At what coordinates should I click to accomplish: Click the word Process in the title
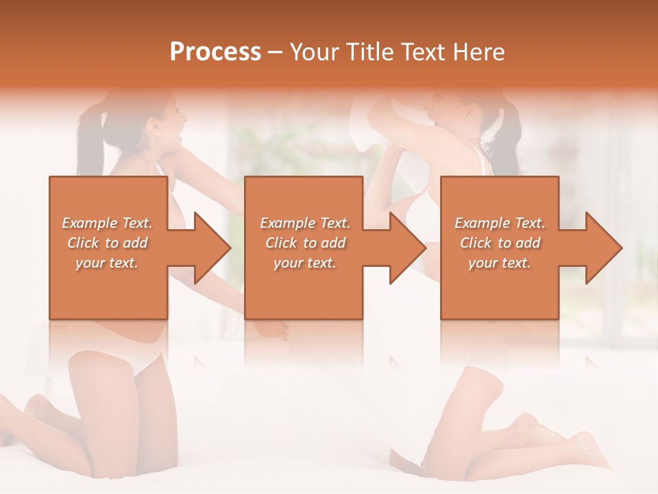(x=215, y=52)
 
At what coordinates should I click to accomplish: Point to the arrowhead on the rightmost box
(x=602, y=248)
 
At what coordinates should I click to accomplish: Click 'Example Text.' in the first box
(x=107, y=223)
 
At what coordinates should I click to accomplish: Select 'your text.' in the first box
(x=107, y=263)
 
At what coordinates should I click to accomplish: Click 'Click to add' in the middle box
(x=305, y=243)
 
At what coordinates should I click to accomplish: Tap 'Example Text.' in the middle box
(x=305, y=223)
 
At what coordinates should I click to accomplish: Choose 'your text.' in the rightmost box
(x=500, y=263)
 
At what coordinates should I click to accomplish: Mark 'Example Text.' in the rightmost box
(x=500, y=223)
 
